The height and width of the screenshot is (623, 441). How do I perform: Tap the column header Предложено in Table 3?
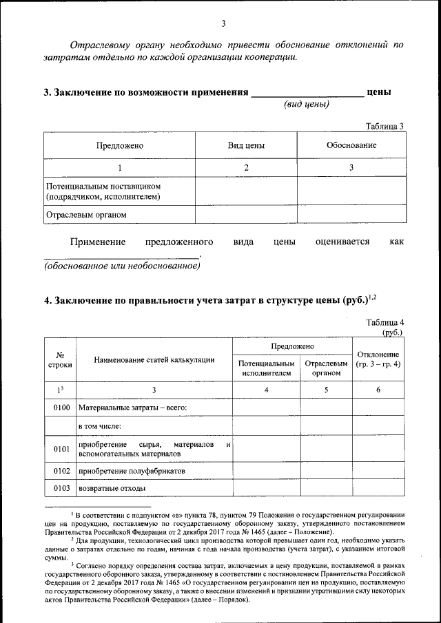coord(119,146)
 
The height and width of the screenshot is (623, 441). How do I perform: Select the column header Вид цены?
coord(246,146)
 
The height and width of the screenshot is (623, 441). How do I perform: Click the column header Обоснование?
coord(351,146)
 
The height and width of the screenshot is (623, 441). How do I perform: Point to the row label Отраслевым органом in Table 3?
coord(86,214)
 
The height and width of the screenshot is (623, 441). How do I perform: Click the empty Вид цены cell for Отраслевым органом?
coord(246,214)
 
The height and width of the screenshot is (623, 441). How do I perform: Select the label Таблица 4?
coord(384,322)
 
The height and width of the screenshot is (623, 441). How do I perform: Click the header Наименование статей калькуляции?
coord(154,359)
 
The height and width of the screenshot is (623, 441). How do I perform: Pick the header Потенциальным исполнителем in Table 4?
coord(266,368)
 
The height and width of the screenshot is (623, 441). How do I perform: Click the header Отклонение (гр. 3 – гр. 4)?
coord(378,359)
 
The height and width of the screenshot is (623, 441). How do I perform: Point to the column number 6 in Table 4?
coord(378,390)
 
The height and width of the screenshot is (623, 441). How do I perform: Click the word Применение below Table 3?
coord(98,242)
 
